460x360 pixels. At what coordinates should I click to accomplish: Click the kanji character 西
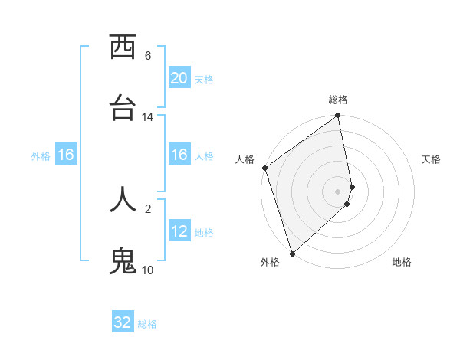point(123,48)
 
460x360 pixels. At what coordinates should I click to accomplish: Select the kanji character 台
point(123,109)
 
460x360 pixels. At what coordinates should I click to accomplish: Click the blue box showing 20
point(179,78)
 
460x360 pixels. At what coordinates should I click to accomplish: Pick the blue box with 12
point(179,231)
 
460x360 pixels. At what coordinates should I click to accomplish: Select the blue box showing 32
point(123,322)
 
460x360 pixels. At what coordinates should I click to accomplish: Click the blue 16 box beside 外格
point(66,155)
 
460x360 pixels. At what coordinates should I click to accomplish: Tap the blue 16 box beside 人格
point(179,155)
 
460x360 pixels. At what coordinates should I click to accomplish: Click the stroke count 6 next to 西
point(148,56)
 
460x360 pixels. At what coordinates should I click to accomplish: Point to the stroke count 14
point(148,117)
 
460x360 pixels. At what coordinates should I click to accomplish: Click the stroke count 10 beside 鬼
point(148,270)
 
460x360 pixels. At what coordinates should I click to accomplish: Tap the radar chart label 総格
point(338,100)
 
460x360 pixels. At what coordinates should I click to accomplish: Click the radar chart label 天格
point(432,160)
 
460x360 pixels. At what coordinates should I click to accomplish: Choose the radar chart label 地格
point(402,263)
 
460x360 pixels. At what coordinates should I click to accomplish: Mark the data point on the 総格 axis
point(338,116)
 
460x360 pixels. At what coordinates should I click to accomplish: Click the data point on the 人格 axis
point(264,168)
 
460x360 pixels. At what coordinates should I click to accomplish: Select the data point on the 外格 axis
point(292,253)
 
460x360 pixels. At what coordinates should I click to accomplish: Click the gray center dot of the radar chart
point(338,191)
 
